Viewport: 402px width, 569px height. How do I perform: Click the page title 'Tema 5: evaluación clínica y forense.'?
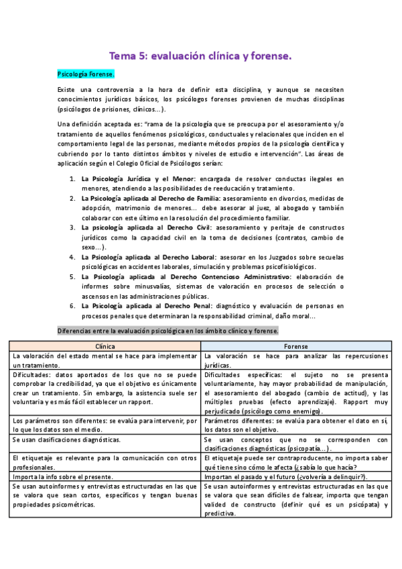201,57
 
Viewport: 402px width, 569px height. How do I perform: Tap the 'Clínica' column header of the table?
105,346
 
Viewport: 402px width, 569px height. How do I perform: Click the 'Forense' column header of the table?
296,346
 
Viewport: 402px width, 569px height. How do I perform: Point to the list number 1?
73,179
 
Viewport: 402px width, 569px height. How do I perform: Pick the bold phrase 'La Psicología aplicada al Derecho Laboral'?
148,257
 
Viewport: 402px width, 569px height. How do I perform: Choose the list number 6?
73,306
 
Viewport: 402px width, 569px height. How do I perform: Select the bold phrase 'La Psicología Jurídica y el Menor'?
138,179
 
